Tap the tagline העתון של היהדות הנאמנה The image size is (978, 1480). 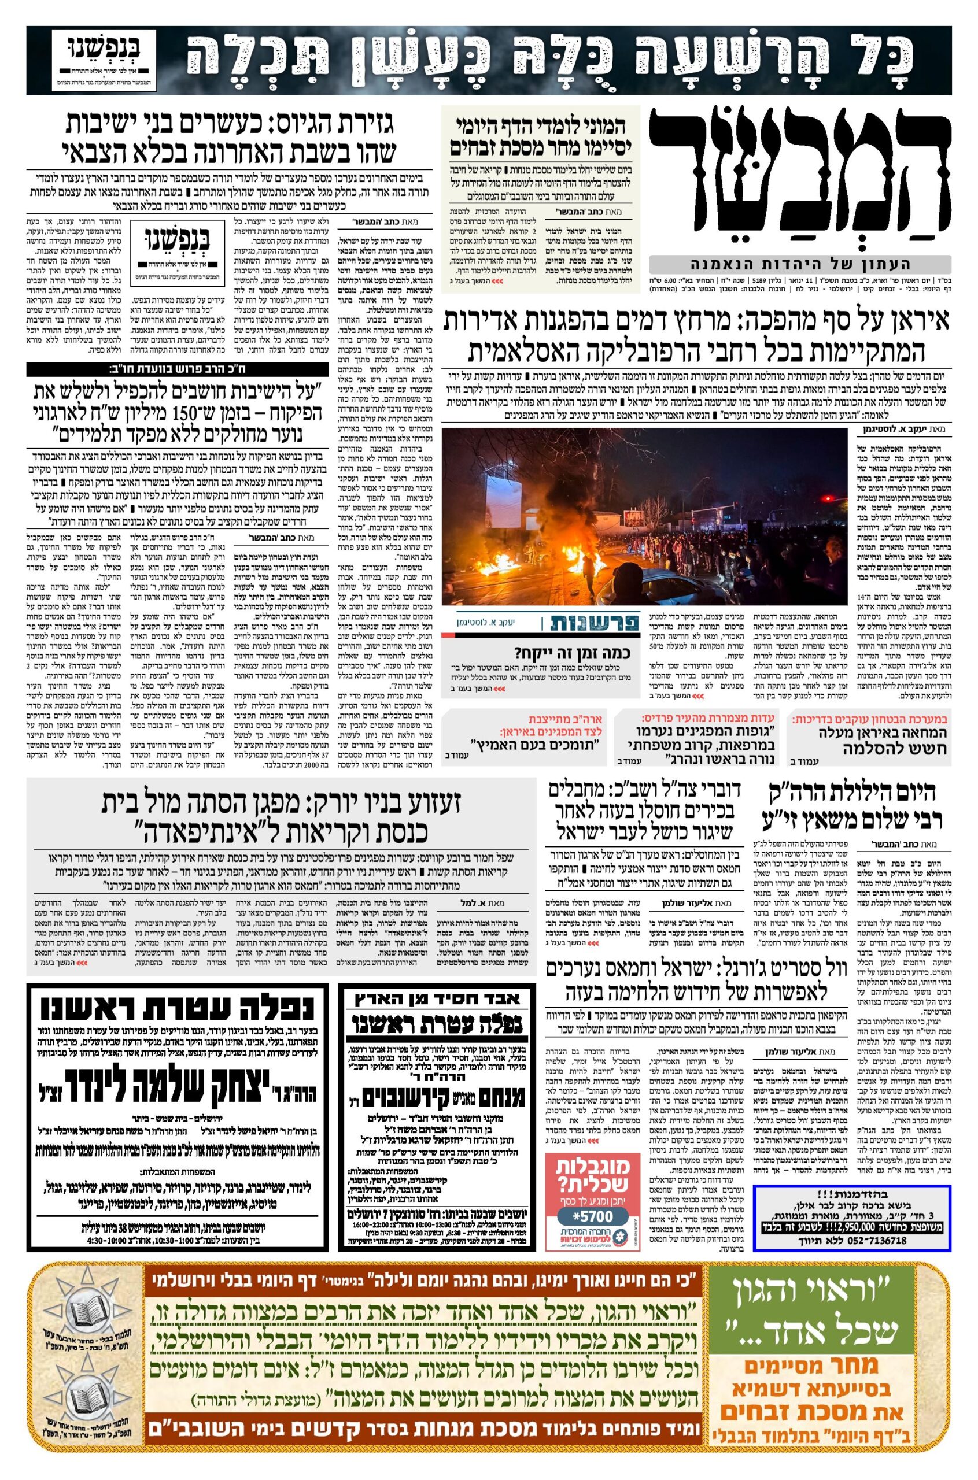(800, 264)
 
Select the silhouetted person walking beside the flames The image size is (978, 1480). (588, 572)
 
